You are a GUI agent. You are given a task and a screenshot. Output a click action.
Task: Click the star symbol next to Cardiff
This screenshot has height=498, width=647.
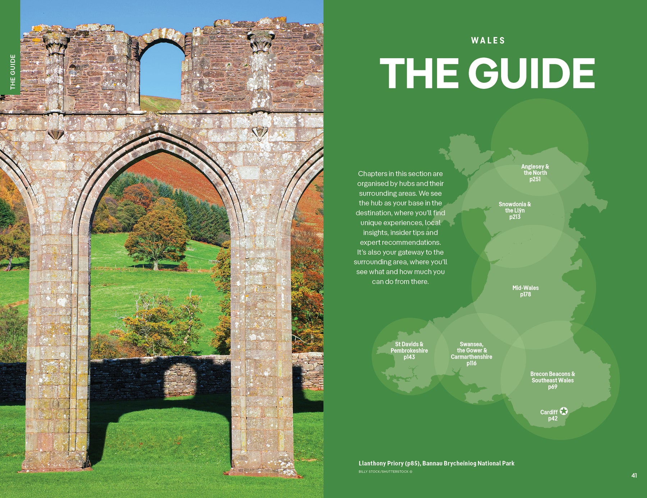564,411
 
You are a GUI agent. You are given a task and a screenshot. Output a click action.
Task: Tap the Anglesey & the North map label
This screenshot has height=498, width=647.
535,173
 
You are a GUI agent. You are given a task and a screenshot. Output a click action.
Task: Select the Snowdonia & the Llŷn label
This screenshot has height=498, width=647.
515,210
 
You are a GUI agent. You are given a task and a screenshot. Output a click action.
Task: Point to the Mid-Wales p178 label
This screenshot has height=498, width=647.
526,291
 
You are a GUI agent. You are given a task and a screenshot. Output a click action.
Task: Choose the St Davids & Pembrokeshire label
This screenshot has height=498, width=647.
409,351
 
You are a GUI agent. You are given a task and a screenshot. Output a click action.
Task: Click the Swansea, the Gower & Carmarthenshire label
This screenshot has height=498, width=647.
472,353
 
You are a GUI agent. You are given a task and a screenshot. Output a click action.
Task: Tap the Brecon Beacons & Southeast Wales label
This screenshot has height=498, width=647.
552,380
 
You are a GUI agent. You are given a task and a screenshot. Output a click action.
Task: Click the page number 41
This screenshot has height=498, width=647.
634,475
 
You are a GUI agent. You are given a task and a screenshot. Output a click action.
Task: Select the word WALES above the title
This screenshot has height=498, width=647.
488,41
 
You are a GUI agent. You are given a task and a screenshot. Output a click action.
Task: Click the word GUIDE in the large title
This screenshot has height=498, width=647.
532,73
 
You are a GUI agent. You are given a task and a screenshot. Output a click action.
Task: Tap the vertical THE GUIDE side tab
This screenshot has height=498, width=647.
13,72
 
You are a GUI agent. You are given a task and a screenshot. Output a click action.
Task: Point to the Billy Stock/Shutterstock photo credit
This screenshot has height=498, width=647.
385,472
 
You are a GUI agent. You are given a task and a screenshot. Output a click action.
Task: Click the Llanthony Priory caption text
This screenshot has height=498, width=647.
436,463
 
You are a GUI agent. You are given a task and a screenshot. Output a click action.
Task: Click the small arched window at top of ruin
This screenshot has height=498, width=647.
162,68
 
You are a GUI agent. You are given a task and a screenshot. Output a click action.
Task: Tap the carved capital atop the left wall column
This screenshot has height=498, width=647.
56,44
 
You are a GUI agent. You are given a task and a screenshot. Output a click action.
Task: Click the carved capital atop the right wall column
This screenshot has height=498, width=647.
261,41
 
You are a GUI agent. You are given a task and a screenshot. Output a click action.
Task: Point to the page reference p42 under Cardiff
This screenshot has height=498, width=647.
552,419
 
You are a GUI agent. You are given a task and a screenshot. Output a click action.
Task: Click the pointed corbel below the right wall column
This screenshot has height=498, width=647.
260,133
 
